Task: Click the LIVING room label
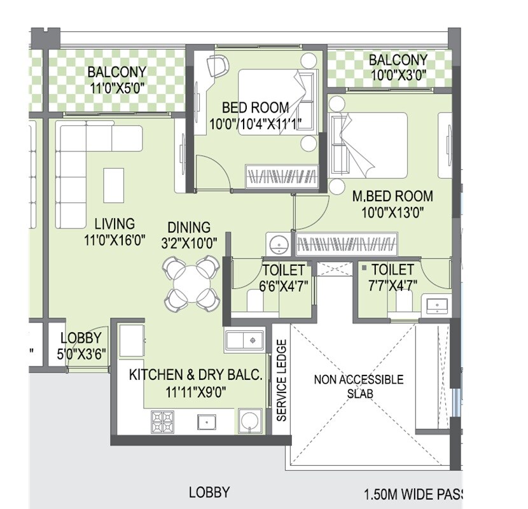[x=115, y=224]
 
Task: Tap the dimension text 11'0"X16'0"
[x=115, y=240]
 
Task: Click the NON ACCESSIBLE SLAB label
[x=358, y=386]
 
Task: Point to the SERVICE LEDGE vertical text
[x=282, y=380]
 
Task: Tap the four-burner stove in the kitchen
[x=162, y=421]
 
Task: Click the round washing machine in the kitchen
[x=249, y=421]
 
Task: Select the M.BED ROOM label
[x=393, y=196]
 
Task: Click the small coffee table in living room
[x=114, y=185]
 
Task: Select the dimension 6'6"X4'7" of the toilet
[x=284, y=286]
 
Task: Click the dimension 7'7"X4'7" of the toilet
[x=393, y=286]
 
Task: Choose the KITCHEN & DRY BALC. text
[x=196, y=375]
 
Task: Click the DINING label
[x=189, y=227]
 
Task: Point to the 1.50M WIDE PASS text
[x=414, y=494]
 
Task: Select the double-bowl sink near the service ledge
[x=244, y=340]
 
